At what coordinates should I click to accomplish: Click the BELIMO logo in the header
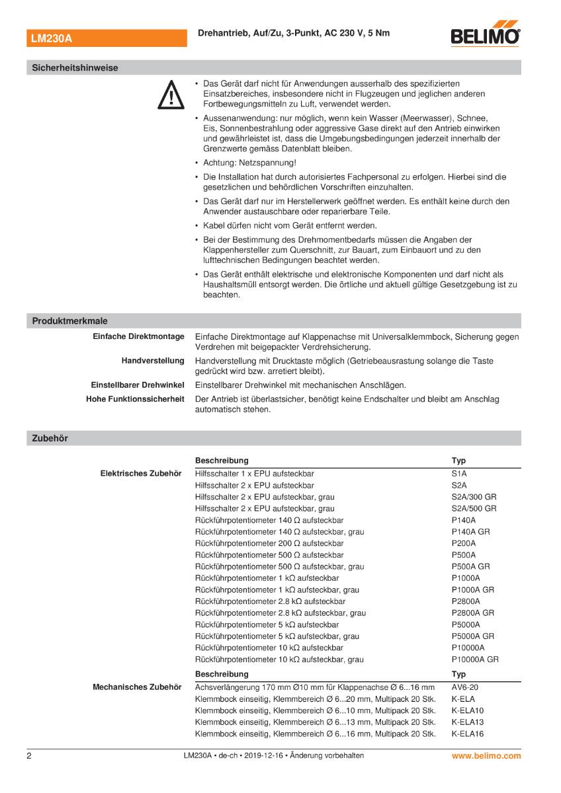(485, 37)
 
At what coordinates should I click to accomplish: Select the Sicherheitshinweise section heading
(75, 67)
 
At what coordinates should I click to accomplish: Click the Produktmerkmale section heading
(69, 321)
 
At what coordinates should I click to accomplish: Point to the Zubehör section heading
(50, 437)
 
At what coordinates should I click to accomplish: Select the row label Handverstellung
(152, 361)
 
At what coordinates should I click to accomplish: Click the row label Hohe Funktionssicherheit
(135, 399)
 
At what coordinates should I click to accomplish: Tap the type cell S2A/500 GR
(474, 508)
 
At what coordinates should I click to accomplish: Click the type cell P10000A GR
(475, 659)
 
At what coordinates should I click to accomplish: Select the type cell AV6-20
(464, 687)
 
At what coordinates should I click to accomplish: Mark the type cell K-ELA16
(468, 734)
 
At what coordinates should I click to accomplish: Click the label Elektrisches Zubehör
(140, 474)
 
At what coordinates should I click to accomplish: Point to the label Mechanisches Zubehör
(137, 687)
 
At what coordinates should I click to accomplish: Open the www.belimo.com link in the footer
(486, 755)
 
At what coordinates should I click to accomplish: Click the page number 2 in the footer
(29, 755)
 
